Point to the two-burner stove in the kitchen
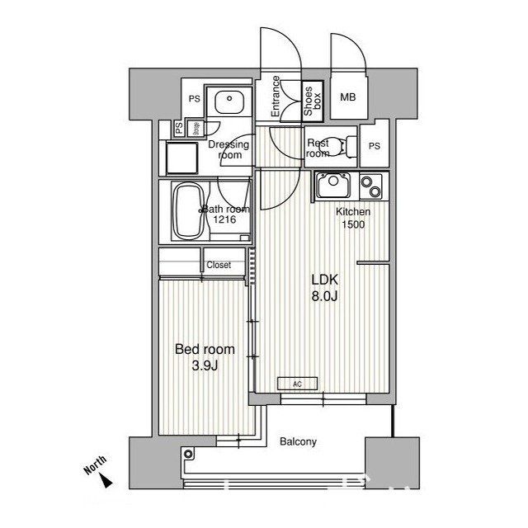pyautogui.click(x=370, y=186)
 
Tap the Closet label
pyautogui.click(x=219, y=265)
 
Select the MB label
pyautogui.click(x=348, y=97)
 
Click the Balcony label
pyautogui.click(x=297, y=441)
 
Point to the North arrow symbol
pyautogui.click(x=109, y=477)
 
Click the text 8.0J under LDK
pyautogui.click(x=324, y=297)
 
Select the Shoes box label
pyautogui.click(x=312, y=102)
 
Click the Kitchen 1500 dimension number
pyautogui.click(x=352, y=224)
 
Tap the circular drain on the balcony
pyautogui.click(x=189, y=453)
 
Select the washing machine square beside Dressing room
pyautogui.click(x=181, y=154)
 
